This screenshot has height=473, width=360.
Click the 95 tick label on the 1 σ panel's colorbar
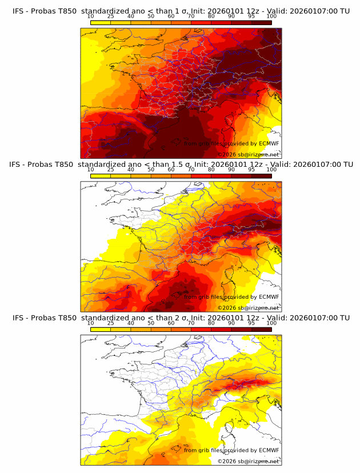pos(251,17)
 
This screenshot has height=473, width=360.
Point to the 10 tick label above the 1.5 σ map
pos(91,170)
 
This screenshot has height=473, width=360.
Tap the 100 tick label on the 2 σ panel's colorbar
pos(271,323)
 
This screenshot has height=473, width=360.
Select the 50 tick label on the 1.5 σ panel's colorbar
pos(151,170)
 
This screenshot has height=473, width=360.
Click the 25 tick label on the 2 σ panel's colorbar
pos(111,323)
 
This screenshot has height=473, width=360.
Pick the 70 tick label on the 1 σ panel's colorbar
pos(191,17)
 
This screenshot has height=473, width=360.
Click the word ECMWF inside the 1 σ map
pos(269,144)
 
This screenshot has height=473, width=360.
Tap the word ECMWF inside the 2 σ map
pos(269,450)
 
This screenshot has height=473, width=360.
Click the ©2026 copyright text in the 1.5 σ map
pos(227,307)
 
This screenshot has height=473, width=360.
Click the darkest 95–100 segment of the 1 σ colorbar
pos(261,22)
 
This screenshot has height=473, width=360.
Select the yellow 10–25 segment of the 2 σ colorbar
pos(101,328)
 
